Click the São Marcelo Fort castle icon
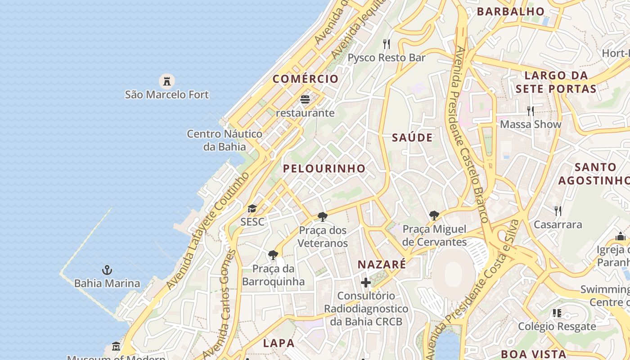click(x=166, y=81)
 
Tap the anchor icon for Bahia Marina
click(x=107, y=270)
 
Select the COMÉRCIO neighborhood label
click(x=306, y=79)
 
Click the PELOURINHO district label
click(x=324, y=169)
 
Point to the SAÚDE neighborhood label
click(x=412, y=138)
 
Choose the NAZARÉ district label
click(x=382, y=265)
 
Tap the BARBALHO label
click(x=510, y=11)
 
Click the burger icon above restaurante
click(x=305, y=99)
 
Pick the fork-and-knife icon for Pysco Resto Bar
click(x=386, y=44)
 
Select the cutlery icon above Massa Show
click(x=531, y=111)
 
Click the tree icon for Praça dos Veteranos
click(x=322, y=217)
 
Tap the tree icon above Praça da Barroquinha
click(x=273, y=255)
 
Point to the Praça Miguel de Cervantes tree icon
click(x=434, y=216)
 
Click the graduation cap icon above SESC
click(x=252, y=208)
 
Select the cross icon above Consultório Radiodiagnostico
click(x=366, y=283)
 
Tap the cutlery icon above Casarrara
click(x=558, y=211)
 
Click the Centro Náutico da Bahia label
click(x=225, y=140)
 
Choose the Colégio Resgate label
click(x=557, y=326)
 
